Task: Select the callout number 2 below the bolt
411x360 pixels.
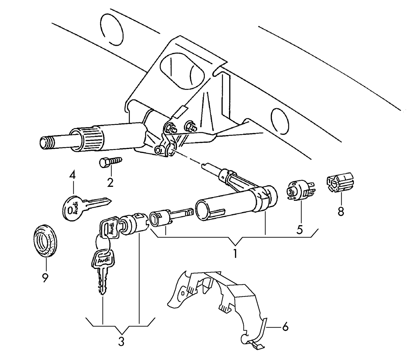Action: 110,182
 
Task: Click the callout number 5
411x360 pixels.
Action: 300,229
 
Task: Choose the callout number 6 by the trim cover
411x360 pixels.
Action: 285,327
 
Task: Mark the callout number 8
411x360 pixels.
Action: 340,211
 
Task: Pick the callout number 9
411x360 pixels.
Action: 45,278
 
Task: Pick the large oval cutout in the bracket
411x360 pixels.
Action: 182,70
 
